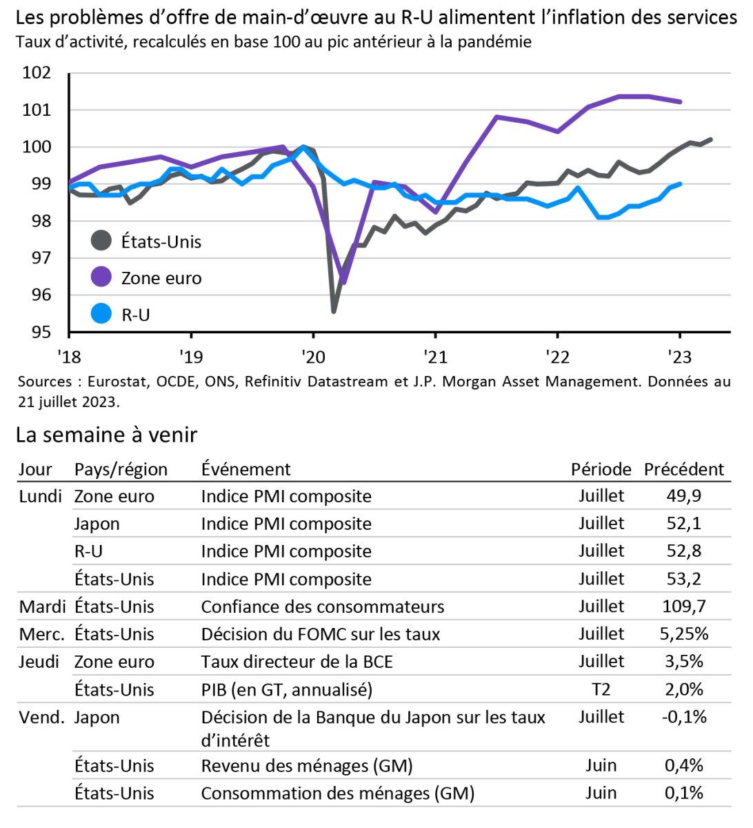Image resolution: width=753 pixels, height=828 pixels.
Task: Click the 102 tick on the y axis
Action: pyautogui.click(x=37, y=73)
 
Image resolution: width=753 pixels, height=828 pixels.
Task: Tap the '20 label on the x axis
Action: pyautogui.click(x=312, y=356)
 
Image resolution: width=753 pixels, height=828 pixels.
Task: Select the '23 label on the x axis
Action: pyautogui.click(x=679, y=356)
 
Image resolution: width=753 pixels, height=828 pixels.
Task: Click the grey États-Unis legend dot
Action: pyautogui.click(x=101, y=241)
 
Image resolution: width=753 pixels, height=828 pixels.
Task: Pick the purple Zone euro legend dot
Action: pyautogui.click(x=101, y=277)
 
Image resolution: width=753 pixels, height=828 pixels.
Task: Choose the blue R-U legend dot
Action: pyautogui.click(x=101, y=314)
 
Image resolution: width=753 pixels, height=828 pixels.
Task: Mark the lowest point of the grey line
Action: pyautogui.click(x=334, y=311)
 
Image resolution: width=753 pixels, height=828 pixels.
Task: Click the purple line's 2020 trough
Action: pyautogui.click(x=343, y=282)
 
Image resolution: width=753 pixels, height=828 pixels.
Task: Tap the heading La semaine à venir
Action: pyautogui.click(x=106, y=435)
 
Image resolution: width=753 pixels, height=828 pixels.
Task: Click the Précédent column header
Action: pyautogui.click(x=683, y=469)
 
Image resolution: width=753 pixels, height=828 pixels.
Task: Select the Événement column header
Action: pyautogui.click(x=245, y=469)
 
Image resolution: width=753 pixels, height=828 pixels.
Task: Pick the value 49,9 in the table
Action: pyautogui.click(x=683, y=496)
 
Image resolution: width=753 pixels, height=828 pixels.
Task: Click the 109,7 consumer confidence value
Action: pyautogui.click(x=683, y=607)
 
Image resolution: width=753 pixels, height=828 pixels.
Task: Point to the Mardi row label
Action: pyautogui.click(x=42, y=607)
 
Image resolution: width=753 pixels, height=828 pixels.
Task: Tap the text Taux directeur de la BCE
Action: pyautogui.click(x=297, y=662)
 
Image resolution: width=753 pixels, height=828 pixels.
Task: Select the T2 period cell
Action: pyautogui.click(x=601, y=689)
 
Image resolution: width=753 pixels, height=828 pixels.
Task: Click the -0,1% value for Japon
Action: pyautogui.click(x=683, y=717)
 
